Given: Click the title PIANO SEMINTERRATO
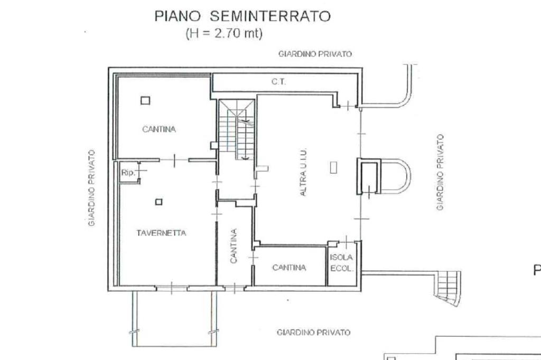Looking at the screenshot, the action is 242,16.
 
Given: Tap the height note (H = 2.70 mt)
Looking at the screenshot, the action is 224,33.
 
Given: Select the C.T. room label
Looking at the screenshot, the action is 278,82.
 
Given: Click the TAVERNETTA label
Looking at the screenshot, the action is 161,233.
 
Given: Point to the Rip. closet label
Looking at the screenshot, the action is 128,173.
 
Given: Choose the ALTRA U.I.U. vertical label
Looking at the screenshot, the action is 303,173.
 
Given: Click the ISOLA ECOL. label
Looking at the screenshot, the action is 341,263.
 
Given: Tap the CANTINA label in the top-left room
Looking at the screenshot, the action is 159,129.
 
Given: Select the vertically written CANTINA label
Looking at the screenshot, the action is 234,246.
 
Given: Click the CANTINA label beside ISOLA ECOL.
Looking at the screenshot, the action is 289,268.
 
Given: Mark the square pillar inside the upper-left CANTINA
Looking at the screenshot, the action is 145,100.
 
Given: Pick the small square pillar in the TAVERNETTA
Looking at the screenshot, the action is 158,202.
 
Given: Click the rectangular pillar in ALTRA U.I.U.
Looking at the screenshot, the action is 333,167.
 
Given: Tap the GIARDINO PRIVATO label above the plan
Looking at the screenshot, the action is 315,54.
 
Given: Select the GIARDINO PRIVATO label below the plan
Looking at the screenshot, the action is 314,333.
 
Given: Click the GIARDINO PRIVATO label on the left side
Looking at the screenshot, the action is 91,188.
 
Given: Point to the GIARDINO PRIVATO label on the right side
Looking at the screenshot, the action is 440,173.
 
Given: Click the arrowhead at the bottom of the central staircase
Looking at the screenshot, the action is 245,158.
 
